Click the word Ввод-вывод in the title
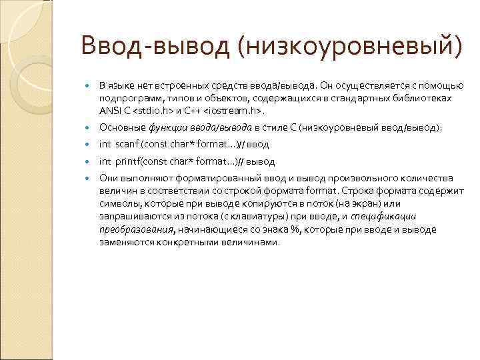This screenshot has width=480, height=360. point(155,48)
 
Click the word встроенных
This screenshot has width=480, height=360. point(181,85)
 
